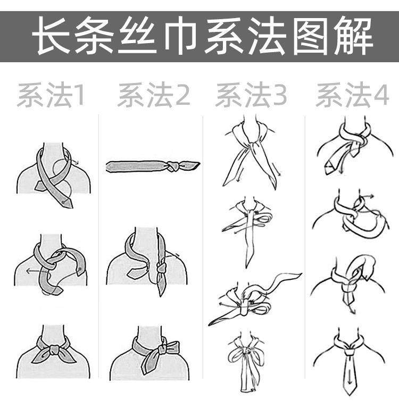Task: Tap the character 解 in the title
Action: (x=354, y=36)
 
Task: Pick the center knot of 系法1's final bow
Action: (x=54, y=349)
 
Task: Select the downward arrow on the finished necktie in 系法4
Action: (x=350, y=377)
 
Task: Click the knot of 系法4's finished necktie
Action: (x=348, y=351)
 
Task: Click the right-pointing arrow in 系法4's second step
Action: (x=367, y=196)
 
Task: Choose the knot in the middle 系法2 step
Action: (x=161, y=268)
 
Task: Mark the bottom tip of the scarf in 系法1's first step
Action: (x=70, y=207)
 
